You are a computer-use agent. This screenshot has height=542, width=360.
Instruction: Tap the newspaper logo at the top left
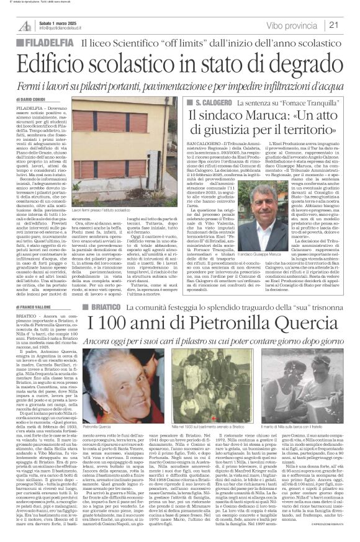[25, 25]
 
